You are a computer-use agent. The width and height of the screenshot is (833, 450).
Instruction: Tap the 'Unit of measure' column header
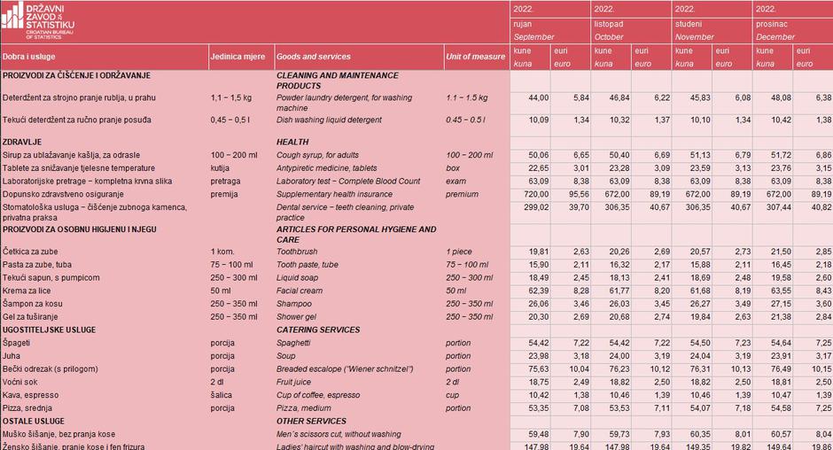tap(475, 57)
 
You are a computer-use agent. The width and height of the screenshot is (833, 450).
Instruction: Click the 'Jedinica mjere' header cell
tap(237, 57)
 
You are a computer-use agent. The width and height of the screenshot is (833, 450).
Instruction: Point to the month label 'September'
tap(533, 37)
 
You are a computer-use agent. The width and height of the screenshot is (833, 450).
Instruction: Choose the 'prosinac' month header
tap(770, 24)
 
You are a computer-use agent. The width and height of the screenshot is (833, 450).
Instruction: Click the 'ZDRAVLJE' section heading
tap(24, 142)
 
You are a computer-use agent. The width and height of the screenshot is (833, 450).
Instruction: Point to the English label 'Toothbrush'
tap(300, 252)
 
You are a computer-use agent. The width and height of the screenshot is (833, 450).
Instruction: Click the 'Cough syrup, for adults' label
tap(323, 155)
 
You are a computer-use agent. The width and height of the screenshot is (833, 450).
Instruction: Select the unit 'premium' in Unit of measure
tap(462, 193)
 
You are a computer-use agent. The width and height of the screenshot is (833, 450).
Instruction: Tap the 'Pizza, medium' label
tap(305, 407)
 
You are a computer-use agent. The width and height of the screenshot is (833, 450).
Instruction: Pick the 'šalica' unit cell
tap(222, 394)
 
